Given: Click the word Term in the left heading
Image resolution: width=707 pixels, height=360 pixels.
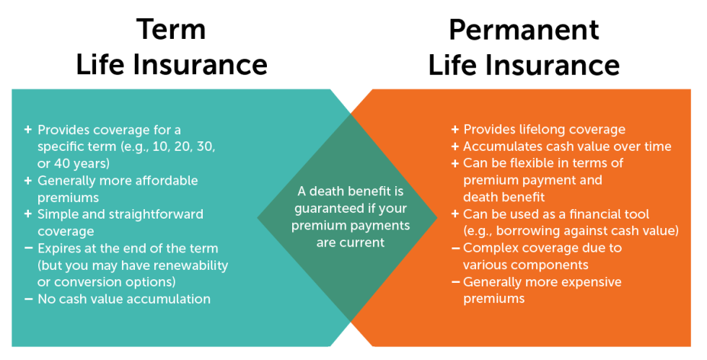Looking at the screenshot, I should [172, 30].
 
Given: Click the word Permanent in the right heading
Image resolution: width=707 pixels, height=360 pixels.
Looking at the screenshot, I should [524, 30].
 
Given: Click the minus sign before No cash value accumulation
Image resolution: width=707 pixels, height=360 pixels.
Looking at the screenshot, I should [28, 298].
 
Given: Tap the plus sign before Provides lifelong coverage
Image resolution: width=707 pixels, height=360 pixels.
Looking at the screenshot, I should [454, 129].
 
